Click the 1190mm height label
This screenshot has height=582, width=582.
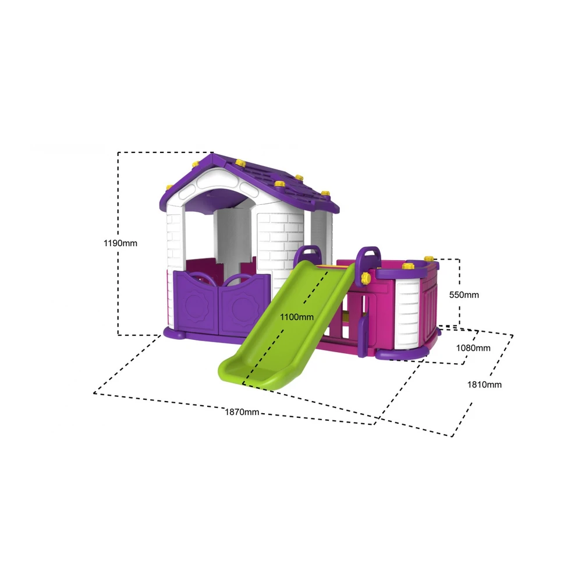120,243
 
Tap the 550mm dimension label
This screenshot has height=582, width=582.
464,294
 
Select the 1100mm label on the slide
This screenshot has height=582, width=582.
297,317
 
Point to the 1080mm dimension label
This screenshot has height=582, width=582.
473,348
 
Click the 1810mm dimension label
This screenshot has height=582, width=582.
484,385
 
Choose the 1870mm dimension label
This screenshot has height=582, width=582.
242,412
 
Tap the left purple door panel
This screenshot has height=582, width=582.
196,303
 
